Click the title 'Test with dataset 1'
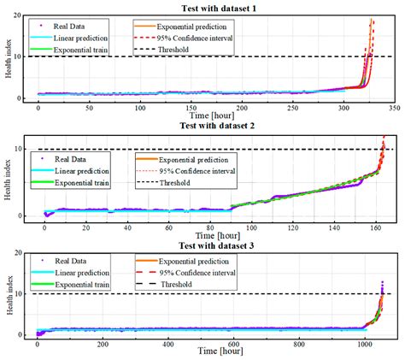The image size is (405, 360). tap(202, 7)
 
